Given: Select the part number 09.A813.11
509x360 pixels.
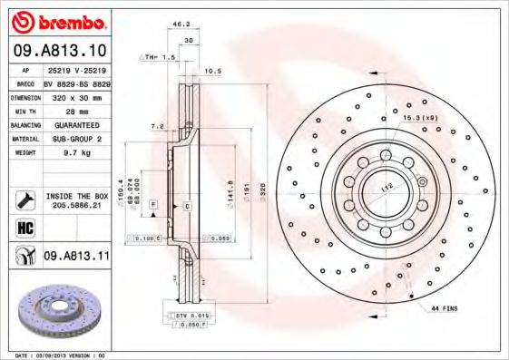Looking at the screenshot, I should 75,258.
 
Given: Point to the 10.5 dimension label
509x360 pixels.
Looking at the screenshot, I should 213,70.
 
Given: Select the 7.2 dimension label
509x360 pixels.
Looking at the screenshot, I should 156,126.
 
